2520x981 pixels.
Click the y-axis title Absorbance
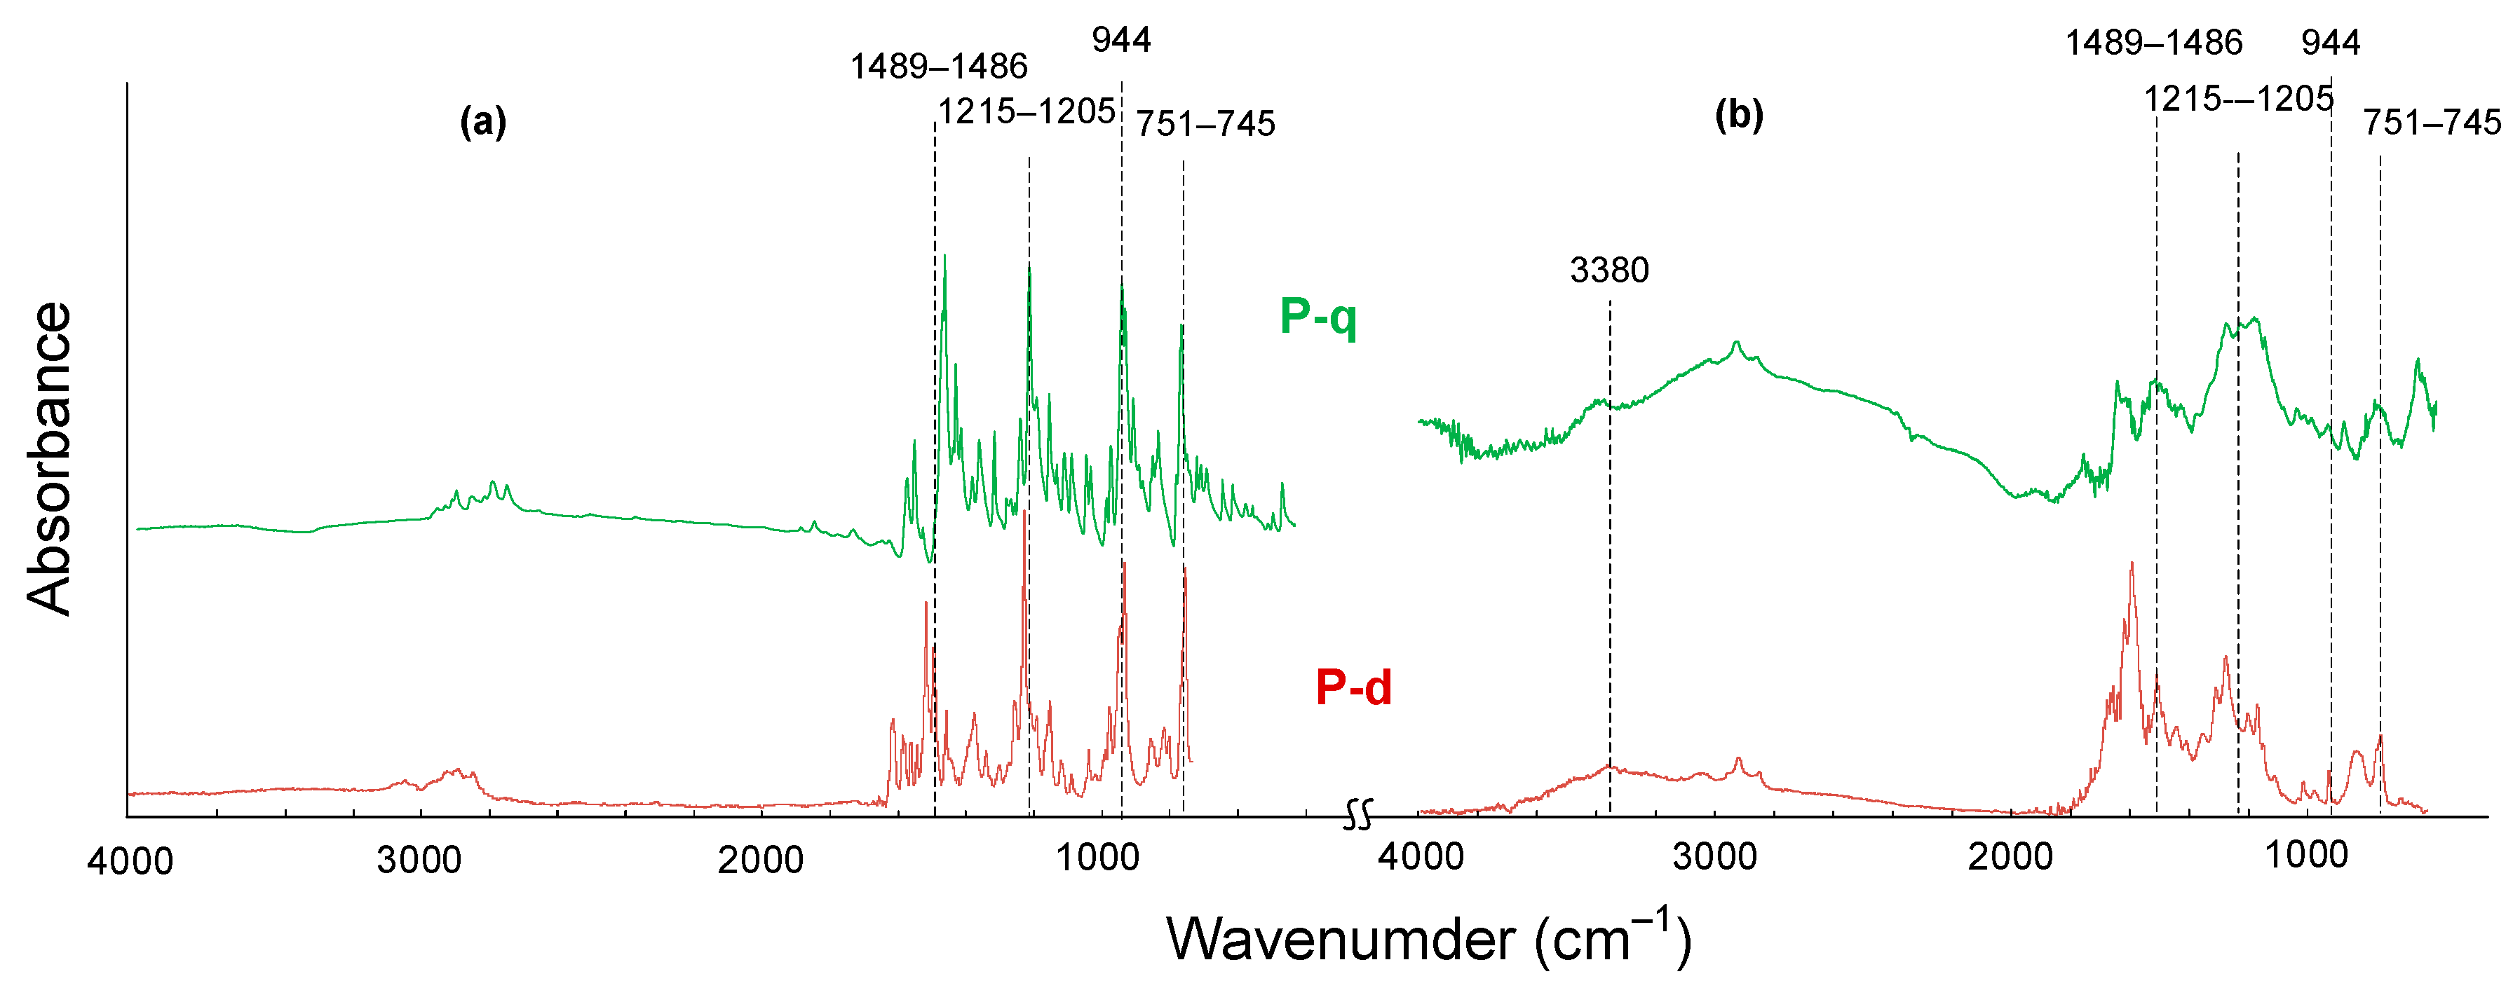point(49,459)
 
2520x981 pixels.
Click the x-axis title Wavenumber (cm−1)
point(1428,938)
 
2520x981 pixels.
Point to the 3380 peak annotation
point(1609,270)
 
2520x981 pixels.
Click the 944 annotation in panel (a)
point(1121,40)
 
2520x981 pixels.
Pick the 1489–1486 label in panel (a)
point(938,67)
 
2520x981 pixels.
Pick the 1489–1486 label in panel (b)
point(2153,43)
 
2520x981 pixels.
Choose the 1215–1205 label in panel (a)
point(1027,111)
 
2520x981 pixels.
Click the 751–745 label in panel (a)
point(1205,124)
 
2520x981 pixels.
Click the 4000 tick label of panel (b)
point(1421,857)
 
